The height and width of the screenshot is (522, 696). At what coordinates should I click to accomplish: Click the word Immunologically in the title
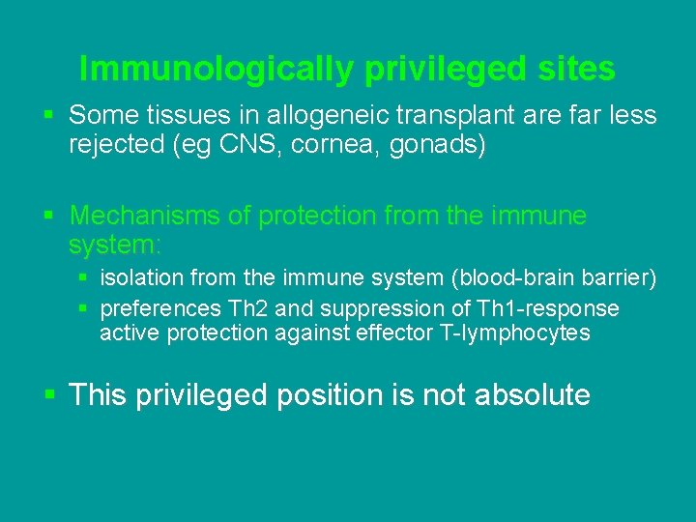point(217,69)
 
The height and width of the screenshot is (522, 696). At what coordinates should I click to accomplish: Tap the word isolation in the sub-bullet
point(139,278)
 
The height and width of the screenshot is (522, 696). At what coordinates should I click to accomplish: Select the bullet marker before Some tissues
point(49,116)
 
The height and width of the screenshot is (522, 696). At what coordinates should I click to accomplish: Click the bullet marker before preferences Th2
point(84,308)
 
